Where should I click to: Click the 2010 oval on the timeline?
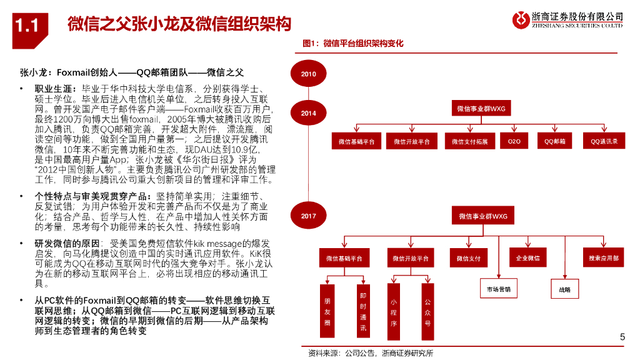tap(308, 74)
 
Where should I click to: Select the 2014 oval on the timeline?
tap(308, 113)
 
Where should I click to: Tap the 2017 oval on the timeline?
tap(308, 216)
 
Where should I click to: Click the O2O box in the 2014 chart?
tap(514, 142)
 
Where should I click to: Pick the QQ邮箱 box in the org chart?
tap(554, 142)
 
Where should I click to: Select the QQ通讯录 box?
tap(604, 142)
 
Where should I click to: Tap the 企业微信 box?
tap(528, 257)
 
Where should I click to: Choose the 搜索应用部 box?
tap(603, 257)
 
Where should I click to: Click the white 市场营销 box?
tap(499, 289)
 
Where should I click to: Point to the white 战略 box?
tap(564, 289)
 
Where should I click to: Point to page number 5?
tap(622, 337)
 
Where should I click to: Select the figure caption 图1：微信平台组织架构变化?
tap(352, 44)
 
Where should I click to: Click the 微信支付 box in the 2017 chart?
tap(468, 258)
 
